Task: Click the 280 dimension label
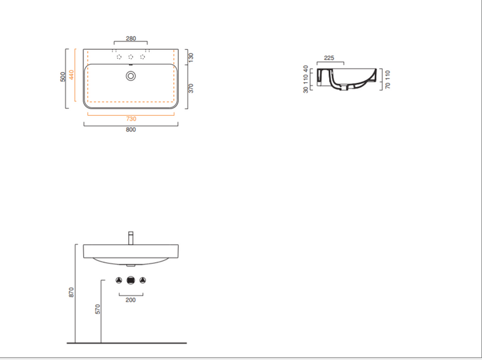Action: click(x=131, y=38)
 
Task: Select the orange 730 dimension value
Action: click(x=131, y=119)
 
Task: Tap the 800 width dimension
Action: click(x=131, y=130)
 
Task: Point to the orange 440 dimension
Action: click(x=71, y=75)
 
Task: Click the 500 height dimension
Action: click(x=63, y=77)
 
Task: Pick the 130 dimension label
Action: click(x=191, y=58)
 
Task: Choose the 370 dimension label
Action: click(x=191, y=88)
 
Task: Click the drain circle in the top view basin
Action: click(x=131, y=76)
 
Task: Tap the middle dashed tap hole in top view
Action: click(x=131, y=57)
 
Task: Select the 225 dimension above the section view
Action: click(x=329, y=58)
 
